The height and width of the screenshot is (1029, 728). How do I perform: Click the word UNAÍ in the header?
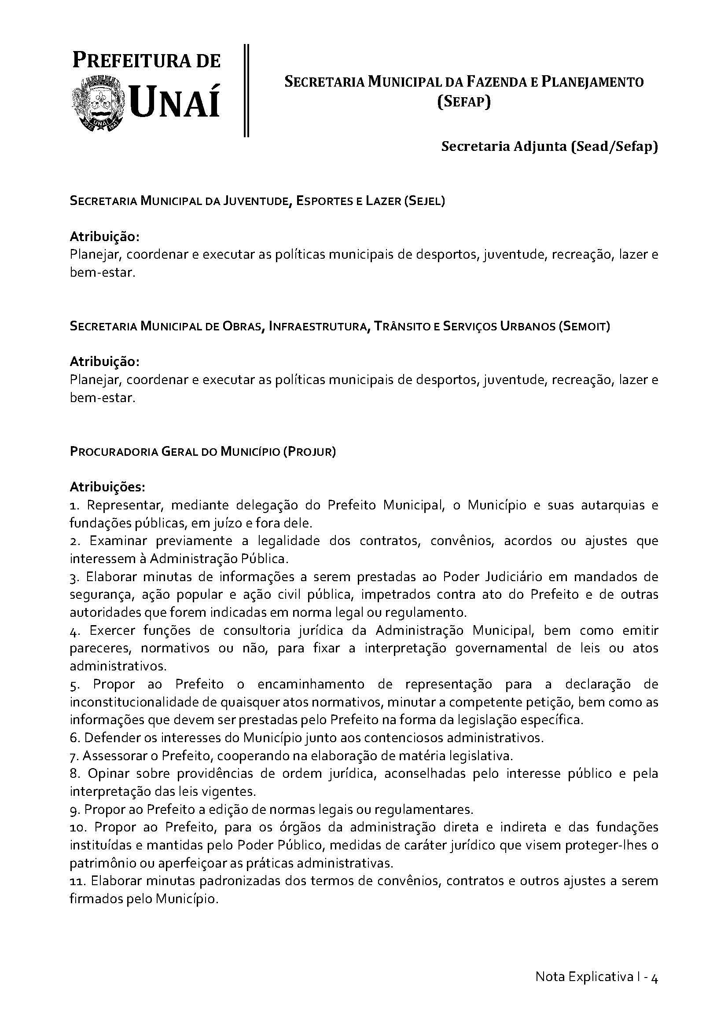click(176, 103)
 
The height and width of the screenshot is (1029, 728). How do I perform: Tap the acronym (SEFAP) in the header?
click(464, 103)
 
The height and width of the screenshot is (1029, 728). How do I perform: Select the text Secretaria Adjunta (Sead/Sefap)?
click(549, 146)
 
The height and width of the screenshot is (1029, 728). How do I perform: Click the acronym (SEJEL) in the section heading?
click(424, 201)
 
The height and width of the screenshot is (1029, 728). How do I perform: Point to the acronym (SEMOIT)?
click(584, 326)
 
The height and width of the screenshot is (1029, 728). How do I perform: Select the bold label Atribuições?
click(107, 486)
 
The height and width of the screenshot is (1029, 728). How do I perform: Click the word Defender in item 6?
click(112, 738)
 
